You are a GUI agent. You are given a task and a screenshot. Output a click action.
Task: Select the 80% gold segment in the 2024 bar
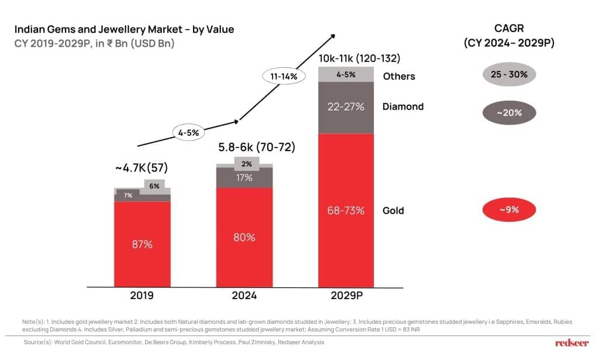(x=244, y=237)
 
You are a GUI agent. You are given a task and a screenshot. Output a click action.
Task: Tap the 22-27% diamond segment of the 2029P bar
(x=346, y=107)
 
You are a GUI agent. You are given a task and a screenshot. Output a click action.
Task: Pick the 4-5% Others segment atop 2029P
(x=346, y=74)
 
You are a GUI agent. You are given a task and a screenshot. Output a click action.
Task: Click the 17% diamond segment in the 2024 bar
(x=244, y=177)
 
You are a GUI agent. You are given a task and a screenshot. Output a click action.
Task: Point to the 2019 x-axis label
(x=142, y=296)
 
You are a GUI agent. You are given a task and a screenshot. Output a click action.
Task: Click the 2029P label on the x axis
(x=346, y=296)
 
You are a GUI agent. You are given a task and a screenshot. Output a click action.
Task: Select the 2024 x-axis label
(x=244, y=296)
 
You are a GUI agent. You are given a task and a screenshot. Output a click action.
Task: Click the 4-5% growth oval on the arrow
(x=188, y=133)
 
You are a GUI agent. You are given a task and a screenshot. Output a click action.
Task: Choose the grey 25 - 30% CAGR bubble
(x=510, y=75)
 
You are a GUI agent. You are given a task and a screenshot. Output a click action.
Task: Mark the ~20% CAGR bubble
(x=510, y=113)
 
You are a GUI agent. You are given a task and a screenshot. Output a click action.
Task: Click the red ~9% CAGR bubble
(x=510, y=210)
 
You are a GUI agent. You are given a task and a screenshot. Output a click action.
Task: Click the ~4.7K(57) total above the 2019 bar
(x=141, y=168)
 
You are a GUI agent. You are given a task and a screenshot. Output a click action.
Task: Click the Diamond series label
(x=402, y=107)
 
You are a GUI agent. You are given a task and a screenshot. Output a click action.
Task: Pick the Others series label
(x=399, y=76)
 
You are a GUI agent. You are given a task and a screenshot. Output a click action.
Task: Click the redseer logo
(x=572, y=343)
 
